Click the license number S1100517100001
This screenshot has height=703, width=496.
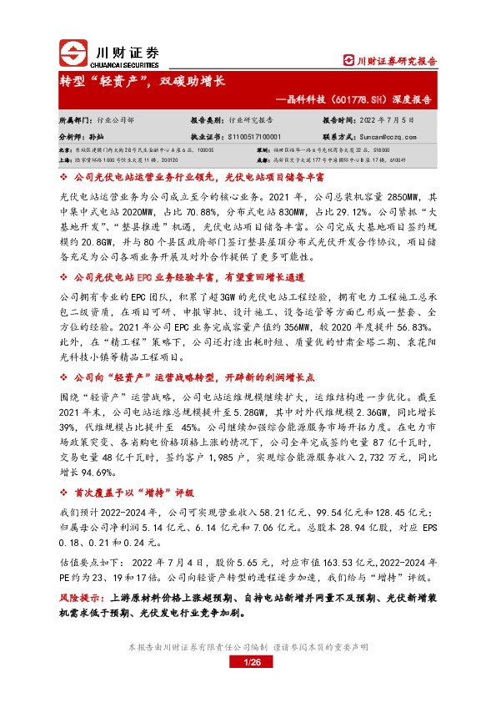pos(253,134)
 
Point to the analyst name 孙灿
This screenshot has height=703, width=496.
pos(94,134)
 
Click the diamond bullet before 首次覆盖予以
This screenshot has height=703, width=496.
pos(65,492)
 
